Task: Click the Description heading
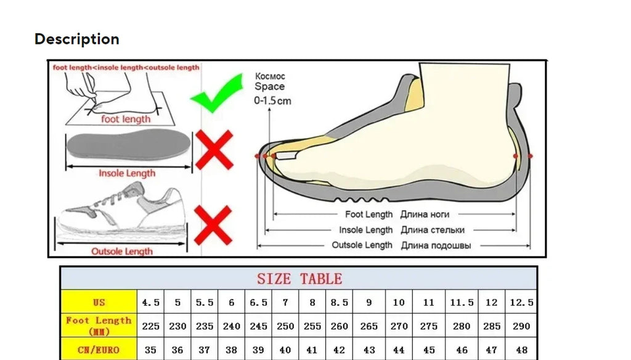[x=77, y=39]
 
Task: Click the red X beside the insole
[x=214, y=150]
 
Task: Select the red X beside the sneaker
[x=213, y=225]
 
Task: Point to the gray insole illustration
[x=128, y=144]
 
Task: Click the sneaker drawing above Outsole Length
[x=122, y=211]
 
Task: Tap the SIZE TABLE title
[x=300, y=279]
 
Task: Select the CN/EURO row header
[x=99, y=350]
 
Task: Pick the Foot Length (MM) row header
[x=99, y=325]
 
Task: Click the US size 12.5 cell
[x=521, y=302]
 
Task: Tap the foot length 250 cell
[x=285, y=325]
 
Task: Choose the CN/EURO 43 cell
[x=369, y=350]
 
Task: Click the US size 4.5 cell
[x=150, y=302]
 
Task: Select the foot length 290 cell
[x=521, y=325]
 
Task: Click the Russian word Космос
[x=270, y=76]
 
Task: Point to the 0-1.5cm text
[x=272, y=100]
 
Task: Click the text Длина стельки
[x=433, y=230]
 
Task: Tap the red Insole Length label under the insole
[x=127, y=173]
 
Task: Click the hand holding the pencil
[x=82, y=86]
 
